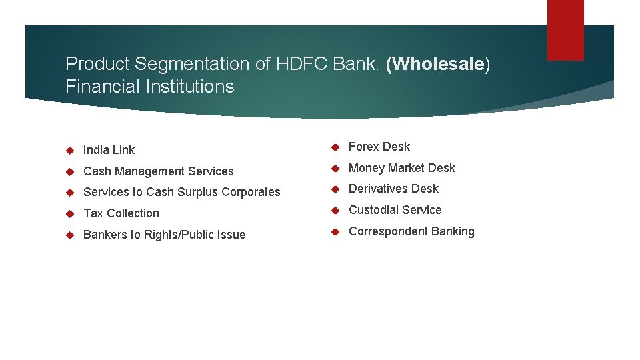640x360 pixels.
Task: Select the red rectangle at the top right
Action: (x=565, y=30)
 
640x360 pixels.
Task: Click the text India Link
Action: (x=109, y=150)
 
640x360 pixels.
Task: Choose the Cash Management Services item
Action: (x=158, y=171)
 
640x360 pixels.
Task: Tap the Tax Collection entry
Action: (x=121, y=213)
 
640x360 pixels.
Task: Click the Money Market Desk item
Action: (x=401, y=168)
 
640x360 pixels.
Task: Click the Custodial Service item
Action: (x=395, y=210)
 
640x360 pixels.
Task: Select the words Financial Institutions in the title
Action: (x=150, y=87)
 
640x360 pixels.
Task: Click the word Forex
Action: (x=364, y=147)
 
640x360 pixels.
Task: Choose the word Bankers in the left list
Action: (x=103, y=235)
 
